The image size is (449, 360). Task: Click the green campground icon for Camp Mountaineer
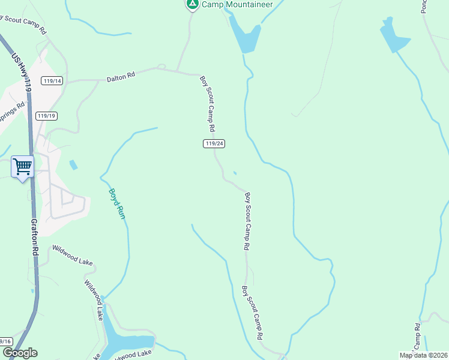pos(192,4)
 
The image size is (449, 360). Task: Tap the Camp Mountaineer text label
pos(237,4)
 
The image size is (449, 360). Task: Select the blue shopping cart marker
pos(22,166)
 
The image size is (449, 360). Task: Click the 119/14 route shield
pos(53,81)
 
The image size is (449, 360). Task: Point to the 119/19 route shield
pos(46,116)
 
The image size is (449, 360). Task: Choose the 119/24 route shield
pos(214,143)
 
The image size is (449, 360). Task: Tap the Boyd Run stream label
pos(116,204)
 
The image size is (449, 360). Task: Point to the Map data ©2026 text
pos(423,355)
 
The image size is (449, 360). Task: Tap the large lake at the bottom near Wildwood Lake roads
pos(126,341)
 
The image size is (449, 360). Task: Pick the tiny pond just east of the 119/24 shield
pos(235,173)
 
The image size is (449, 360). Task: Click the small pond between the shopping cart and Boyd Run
pos(73,164)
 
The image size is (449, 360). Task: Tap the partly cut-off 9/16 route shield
pos(6,341)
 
